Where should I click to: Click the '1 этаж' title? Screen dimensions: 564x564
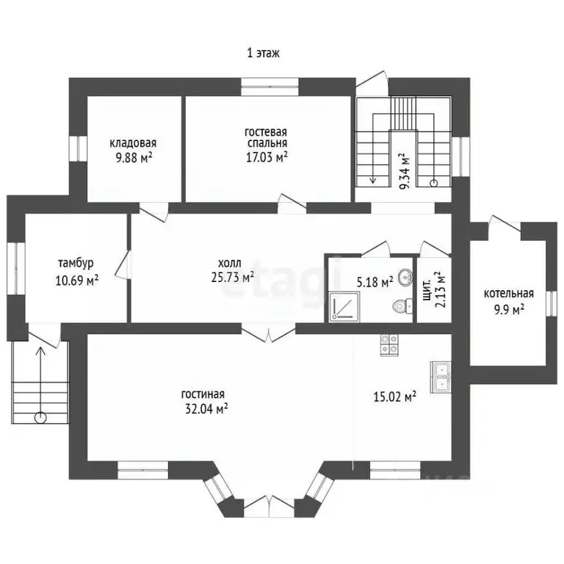264,53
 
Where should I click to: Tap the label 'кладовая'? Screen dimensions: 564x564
133,143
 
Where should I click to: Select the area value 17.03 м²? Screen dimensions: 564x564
267,157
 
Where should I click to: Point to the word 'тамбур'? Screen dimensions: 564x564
76,263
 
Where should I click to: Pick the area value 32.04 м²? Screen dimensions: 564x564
206,408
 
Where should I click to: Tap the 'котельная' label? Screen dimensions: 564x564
509,294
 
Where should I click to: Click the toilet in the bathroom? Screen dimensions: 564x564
403,306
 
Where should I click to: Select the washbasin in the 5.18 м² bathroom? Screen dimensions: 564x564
405,277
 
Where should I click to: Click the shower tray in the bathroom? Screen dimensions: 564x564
344,306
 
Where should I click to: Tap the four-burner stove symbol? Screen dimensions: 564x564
389,345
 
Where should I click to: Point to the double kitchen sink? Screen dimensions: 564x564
441,377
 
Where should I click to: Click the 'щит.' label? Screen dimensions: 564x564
427,289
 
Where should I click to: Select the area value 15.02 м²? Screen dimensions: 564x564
395,397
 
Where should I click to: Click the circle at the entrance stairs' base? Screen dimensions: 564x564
40,418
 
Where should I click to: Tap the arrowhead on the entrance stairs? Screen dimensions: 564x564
40,350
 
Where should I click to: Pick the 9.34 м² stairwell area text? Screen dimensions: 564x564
405,171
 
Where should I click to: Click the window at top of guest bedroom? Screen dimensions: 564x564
270,87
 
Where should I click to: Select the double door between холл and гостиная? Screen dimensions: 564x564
268,333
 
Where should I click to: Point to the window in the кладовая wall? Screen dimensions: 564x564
79,149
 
